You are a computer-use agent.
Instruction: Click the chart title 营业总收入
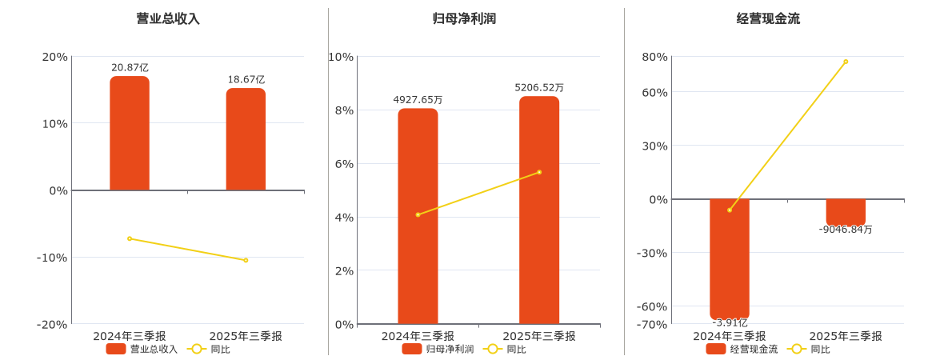point(168,18)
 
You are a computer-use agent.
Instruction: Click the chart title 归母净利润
point(464,18)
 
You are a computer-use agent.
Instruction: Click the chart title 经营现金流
point(768,18)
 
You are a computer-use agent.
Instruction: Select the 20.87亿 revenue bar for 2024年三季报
point(130,134)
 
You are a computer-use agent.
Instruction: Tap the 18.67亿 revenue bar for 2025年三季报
point(246,139)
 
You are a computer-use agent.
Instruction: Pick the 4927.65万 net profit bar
point(418,216)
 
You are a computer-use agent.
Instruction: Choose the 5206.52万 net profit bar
point(539,210)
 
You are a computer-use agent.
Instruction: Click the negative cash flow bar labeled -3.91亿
point(730,258)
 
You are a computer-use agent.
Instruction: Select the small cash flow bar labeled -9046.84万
point(846,212)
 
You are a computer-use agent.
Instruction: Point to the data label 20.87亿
point(130,68)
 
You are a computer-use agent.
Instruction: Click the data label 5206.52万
point(539,87)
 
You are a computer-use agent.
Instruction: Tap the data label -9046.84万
point(846,230)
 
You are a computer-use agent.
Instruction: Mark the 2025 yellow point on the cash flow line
point(846,62)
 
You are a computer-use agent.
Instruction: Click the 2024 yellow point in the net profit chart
point(418,214)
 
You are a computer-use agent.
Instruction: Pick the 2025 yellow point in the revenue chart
point(246,260)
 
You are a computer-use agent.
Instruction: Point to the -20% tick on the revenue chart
point(52,324)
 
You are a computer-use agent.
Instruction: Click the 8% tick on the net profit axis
point(342,110)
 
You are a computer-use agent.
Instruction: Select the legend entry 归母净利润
point(438,349)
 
